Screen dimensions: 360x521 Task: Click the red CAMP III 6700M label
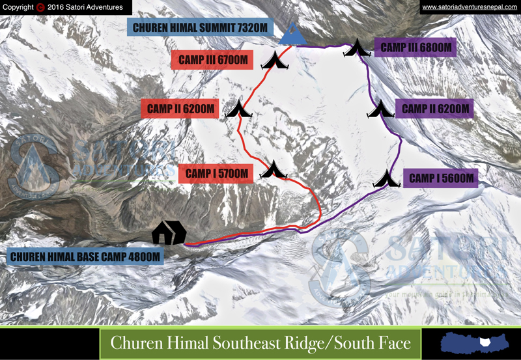tap(210, 61)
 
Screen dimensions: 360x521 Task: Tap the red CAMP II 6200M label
tap(180, 109)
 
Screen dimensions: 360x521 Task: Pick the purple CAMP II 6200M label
tap(435, 109)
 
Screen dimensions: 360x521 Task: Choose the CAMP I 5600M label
tap(440, 178)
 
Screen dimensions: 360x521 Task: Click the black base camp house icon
tap(169, 232)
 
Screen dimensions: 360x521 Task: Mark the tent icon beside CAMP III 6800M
tap(357, 48)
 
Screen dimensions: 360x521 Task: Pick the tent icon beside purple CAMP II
tap(380, 109)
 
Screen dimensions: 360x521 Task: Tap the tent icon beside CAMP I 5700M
tap(274, 170)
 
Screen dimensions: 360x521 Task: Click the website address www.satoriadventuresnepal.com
tap(469, 7)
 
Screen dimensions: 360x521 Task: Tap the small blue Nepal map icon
tap(473, 343)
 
